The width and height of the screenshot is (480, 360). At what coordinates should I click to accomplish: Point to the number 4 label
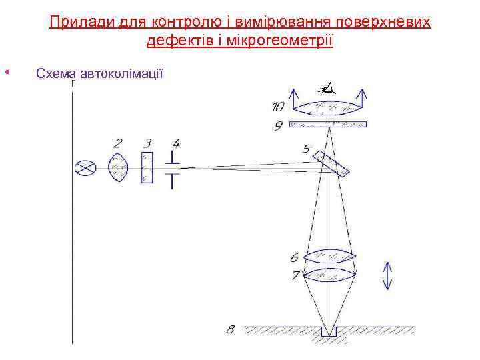(175, 143)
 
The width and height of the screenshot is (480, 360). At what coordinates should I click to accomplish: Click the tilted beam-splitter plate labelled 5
(331, 164)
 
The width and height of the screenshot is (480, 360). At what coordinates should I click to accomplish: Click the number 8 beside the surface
(231, 329)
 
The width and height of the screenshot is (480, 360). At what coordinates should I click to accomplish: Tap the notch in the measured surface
(329, 331)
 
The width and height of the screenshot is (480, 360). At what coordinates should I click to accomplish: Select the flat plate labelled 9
(330, 123)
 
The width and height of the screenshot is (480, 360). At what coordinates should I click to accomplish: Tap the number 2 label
(117, 143)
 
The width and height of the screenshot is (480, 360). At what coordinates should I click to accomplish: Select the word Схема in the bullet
(57, 73)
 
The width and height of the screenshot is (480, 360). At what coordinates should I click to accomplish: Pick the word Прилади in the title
(73, 23)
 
